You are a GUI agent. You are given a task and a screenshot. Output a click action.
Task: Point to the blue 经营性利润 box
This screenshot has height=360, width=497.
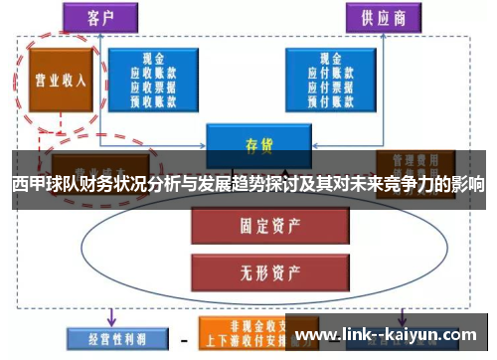[x=106, y=336]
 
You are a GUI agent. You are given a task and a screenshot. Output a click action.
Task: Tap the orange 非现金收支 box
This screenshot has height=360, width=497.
[x=240, y=327]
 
